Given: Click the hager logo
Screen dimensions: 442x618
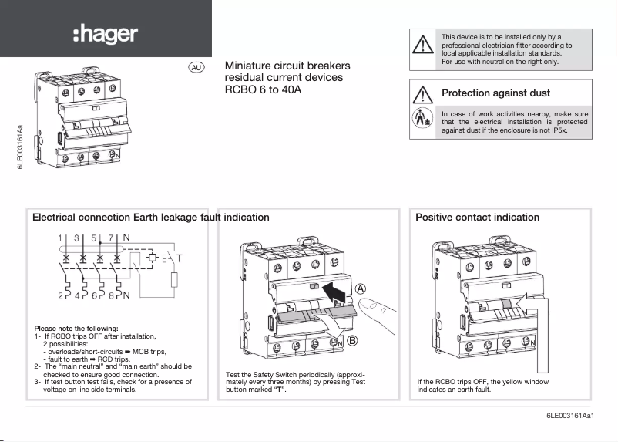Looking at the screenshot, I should click(105, 33).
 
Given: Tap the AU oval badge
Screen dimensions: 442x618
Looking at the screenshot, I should click(196, 67).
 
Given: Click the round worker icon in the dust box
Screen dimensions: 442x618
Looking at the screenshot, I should click(422, 120).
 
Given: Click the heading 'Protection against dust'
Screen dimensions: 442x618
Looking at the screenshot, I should click(495, 93).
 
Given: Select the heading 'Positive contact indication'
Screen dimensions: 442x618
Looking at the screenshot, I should click(477, 218).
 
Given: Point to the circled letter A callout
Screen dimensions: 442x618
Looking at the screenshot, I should click(360, 288).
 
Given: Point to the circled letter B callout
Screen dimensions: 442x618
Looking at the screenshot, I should click(351, 341).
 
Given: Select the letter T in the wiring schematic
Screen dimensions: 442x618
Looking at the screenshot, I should click(180, 257).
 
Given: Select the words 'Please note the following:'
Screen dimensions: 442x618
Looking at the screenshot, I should click(76, 328).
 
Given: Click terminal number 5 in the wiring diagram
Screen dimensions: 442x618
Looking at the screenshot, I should click(93, 238).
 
